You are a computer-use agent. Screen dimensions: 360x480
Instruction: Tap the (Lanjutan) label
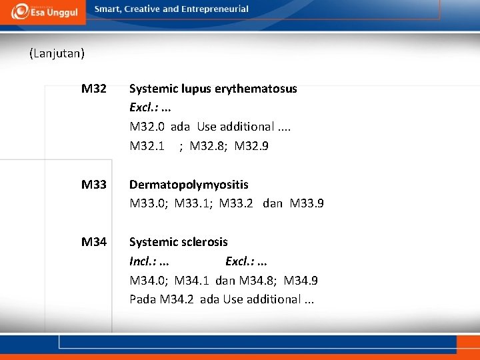57,53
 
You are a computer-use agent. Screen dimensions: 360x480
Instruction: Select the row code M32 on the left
94,88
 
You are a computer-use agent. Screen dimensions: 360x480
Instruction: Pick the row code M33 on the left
94,184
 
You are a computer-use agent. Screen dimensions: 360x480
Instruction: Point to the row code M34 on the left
94,241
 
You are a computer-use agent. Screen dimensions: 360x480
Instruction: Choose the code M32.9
251,146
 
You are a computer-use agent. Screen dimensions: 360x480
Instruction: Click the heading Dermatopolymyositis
189,184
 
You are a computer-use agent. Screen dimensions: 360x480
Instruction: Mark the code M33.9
307,203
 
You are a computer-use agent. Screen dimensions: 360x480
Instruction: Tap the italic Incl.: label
143,261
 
